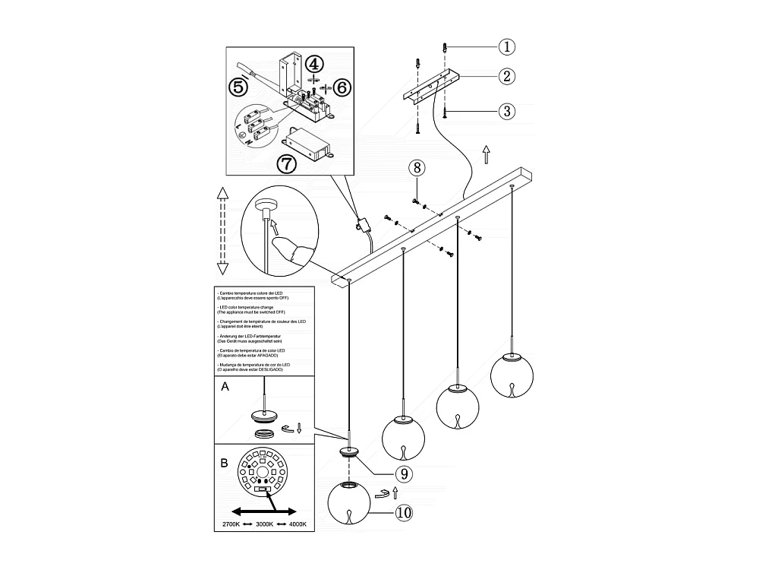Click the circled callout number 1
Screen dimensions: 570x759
pyautogui.click(x=507, y=47)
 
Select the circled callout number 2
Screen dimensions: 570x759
pyautogui.click(x=507, y=76)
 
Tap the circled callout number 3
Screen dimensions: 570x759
pyautogui.click(x=507, y=111)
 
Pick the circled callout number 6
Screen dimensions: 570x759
pyautogui.click(x=342, y=87)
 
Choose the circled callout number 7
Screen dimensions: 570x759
pyautogui.click(x=286, y=163)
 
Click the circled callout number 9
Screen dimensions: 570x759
pyautogui.click(x=404, y=474)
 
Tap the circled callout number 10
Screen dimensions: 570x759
pyautogui.click(x=404, y=513)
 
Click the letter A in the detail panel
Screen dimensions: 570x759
pyautogui.click(x=224, y=387)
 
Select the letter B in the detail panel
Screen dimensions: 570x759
pyautogui.click(x=224, y=462)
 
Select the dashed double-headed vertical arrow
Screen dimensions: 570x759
pyautogui.click(x=223, y=230)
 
